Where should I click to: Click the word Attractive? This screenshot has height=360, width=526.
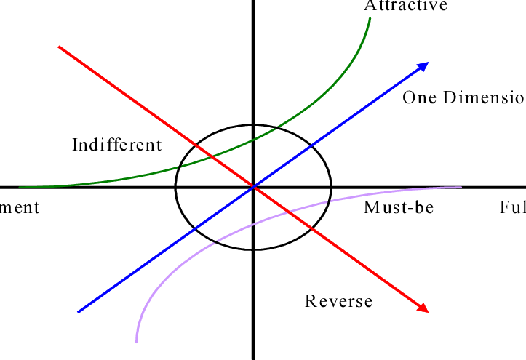(405, 6)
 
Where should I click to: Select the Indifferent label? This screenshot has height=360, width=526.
(117, 145)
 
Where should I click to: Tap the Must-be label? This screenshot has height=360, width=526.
(399, 208)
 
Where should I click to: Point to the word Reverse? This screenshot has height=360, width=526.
(338, 301)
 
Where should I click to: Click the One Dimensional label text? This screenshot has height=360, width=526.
(463, 97)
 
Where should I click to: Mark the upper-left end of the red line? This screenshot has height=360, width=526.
(59, 47)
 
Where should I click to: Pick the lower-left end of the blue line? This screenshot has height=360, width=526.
(78, 312)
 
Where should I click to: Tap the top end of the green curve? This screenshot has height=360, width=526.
(370, 17)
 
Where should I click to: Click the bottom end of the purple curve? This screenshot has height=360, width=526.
(136, 342)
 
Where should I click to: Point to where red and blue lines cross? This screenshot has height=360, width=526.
(253, 188)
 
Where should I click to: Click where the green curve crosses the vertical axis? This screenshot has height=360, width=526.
(253, 139)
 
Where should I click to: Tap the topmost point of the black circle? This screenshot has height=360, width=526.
(253, 125)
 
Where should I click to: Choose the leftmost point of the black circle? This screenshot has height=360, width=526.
(175, 188)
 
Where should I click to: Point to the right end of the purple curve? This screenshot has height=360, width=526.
(461, 188)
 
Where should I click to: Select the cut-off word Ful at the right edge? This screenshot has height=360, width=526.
(512, 208)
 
